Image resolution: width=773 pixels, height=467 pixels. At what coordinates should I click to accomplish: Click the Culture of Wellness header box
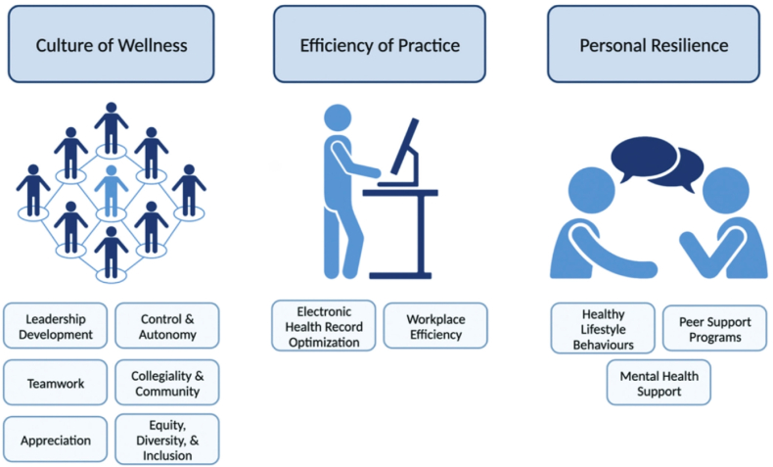(111, 44)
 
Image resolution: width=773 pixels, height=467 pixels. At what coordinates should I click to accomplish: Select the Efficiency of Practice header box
(380, 44)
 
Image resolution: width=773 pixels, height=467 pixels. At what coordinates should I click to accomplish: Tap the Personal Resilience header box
(654, 44)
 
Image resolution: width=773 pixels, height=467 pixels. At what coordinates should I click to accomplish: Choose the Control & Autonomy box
(167, 326)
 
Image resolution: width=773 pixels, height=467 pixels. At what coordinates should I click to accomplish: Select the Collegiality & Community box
(167, 383)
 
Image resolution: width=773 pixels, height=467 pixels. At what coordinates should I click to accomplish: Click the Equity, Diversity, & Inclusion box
(167, 440)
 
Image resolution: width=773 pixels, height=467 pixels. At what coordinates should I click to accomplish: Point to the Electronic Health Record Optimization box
(323, 326)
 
